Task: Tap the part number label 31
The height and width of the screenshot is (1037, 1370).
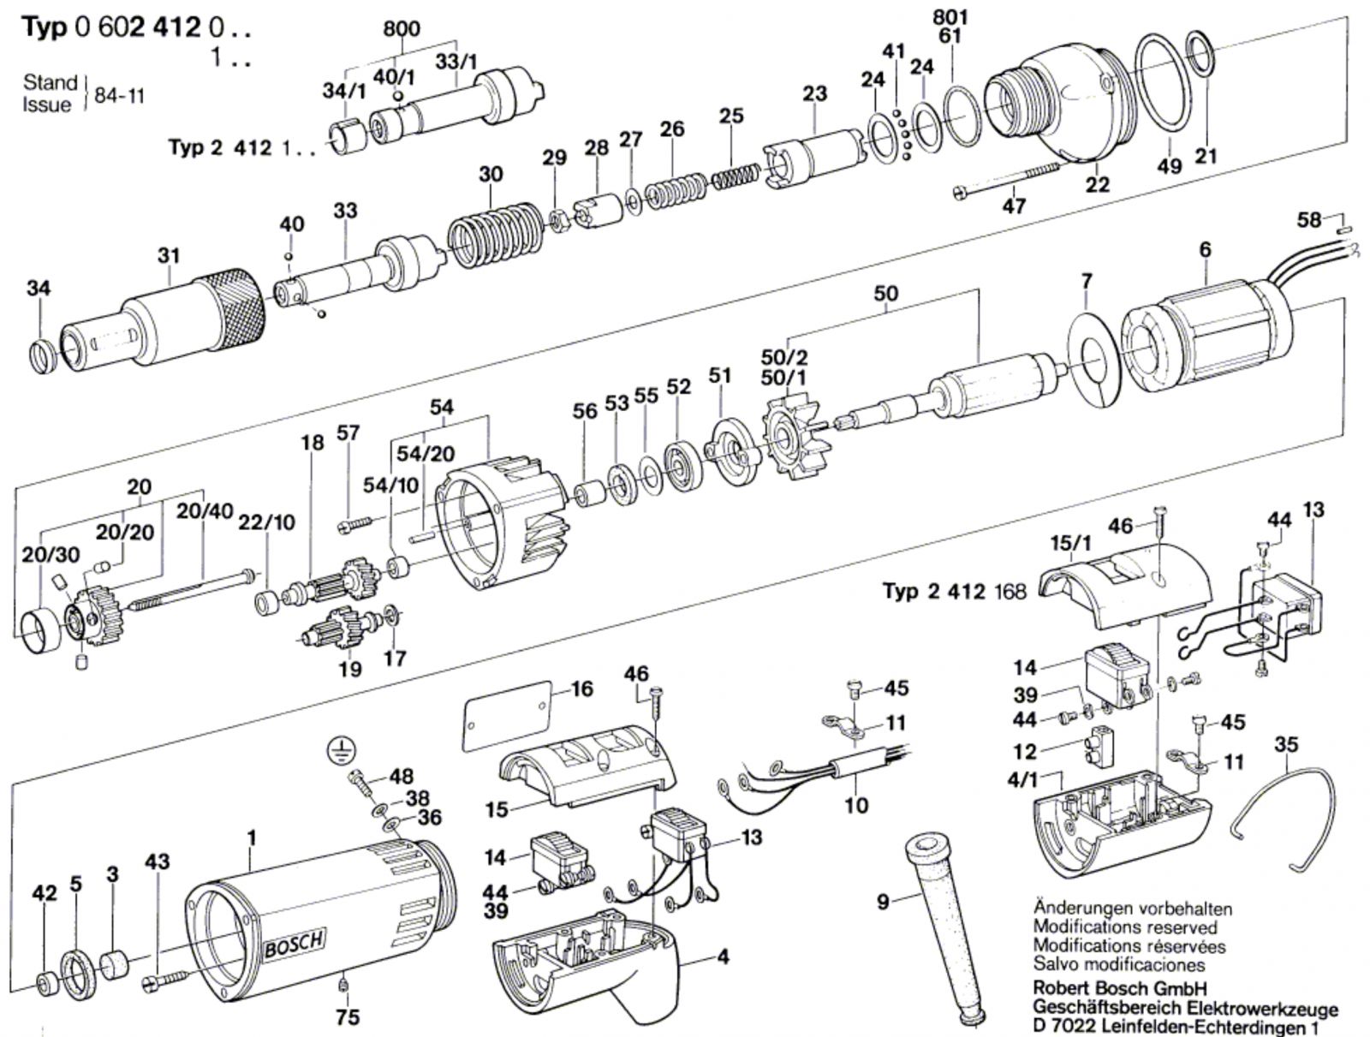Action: tap(169, 254)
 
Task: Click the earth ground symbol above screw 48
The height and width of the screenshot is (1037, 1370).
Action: tap(341, 751)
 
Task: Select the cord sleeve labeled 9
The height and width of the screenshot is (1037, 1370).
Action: tap(941, 925)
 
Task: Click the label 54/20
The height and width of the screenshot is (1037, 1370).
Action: tap(432, 453)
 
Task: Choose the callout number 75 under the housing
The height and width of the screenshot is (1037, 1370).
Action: tap(348, 1016)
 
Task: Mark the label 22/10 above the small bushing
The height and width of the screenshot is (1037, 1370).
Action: tap(266, 521)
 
